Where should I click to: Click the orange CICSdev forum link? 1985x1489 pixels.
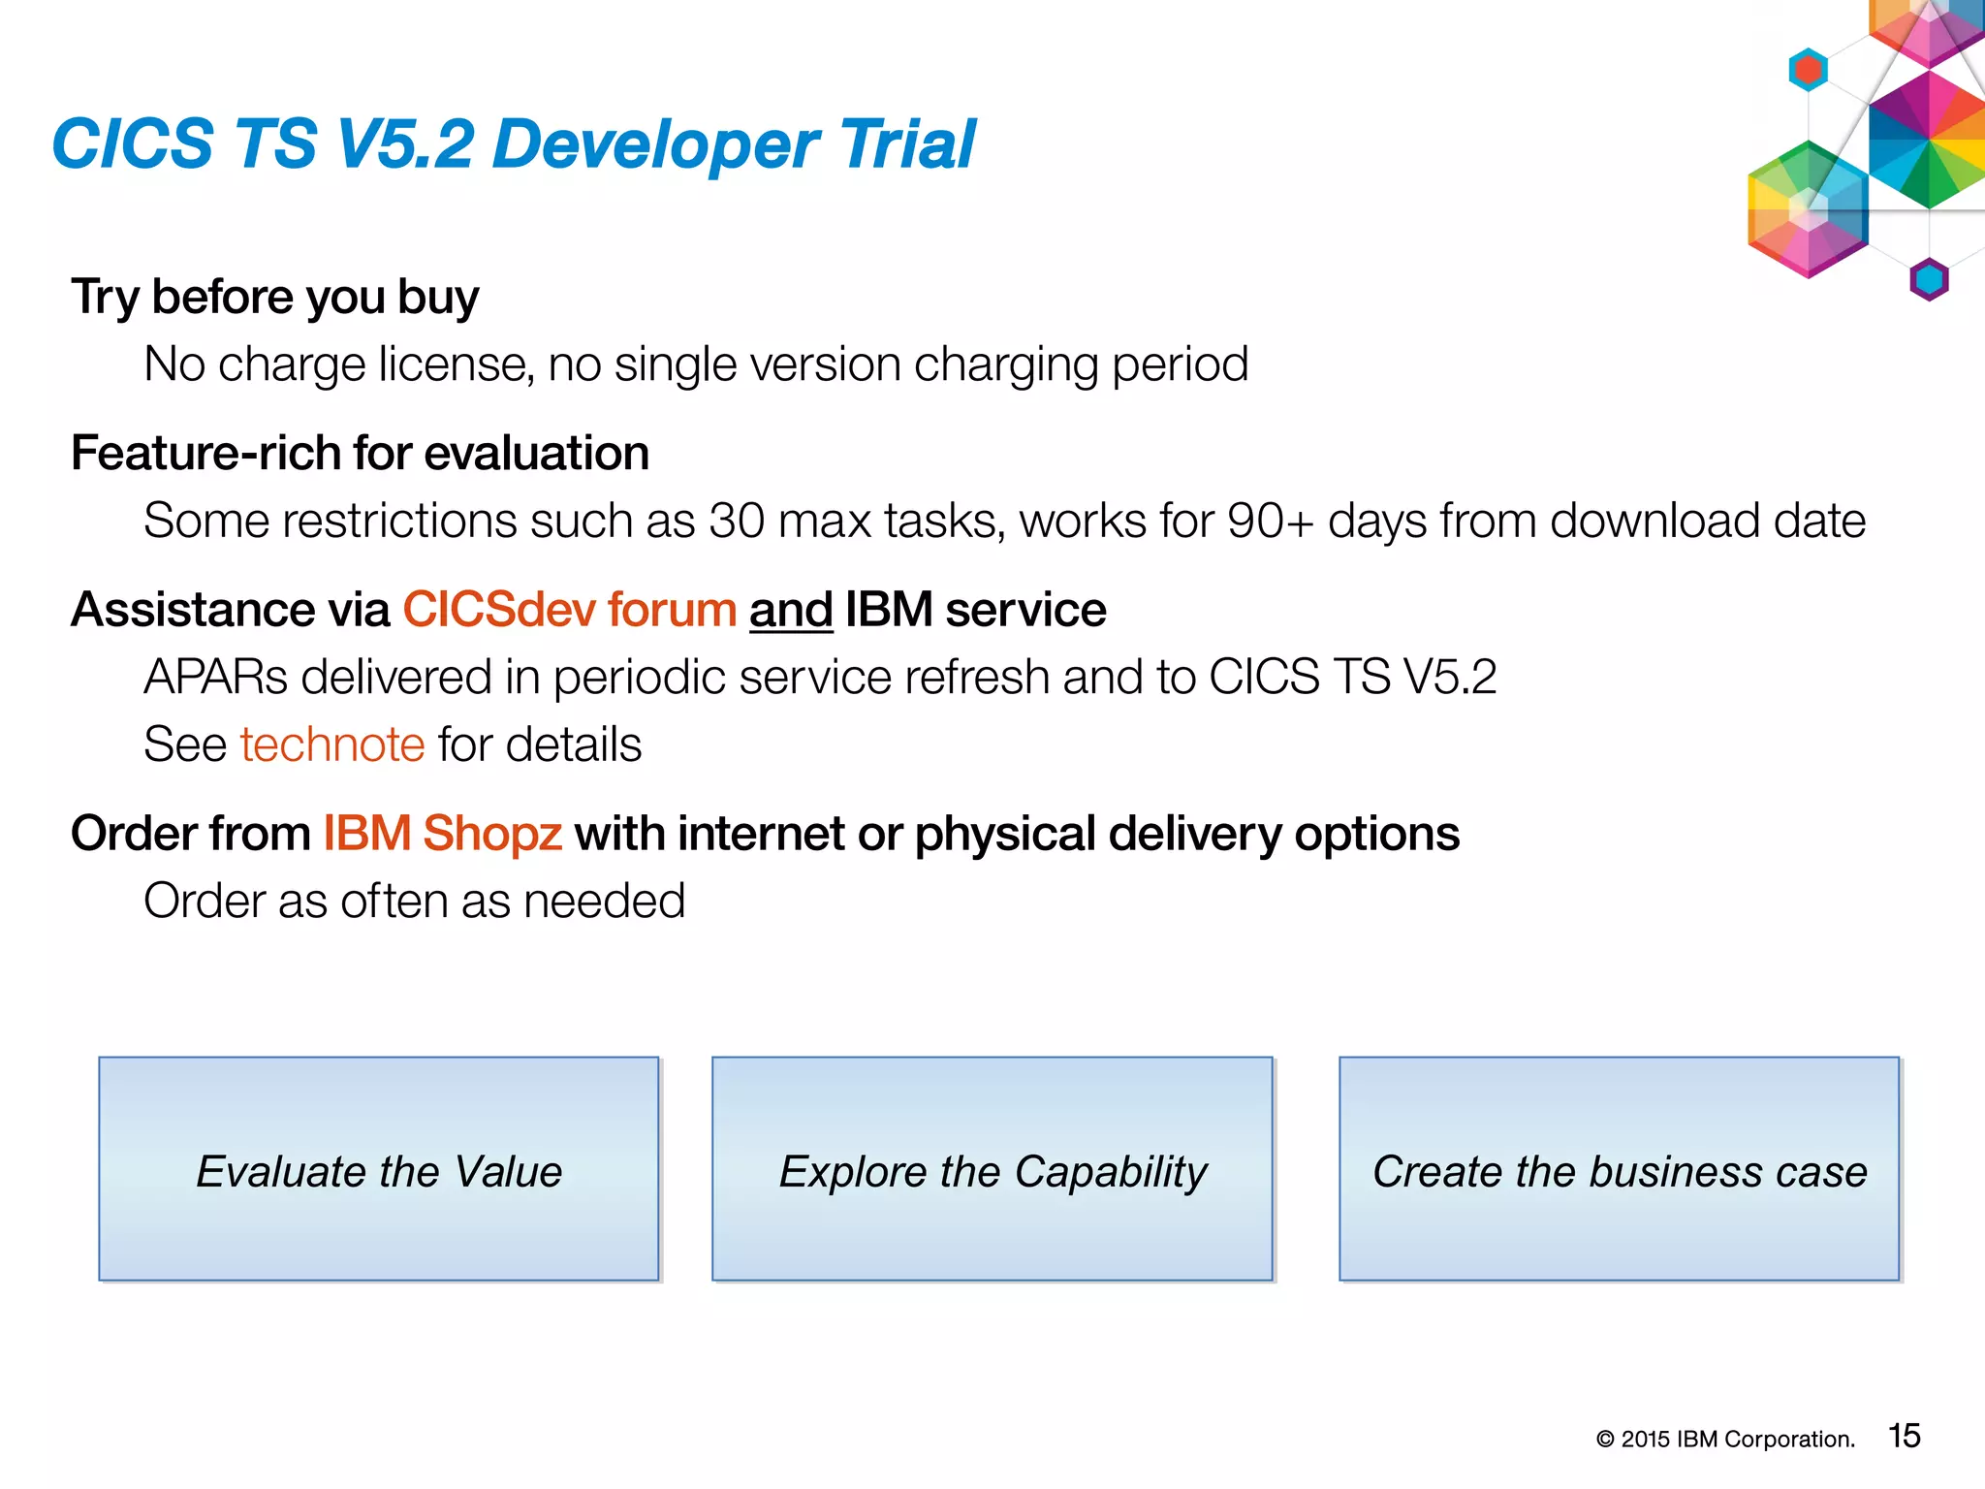570,611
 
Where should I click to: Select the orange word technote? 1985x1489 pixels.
332,745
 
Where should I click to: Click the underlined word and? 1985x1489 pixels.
791,611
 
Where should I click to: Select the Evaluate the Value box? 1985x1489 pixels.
379,1169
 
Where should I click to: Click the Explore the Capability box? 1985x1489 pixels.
992,1169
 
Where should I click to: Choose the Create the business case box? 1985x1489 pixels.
1619,1169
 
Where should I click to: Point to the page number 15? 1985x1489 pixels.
1905,1436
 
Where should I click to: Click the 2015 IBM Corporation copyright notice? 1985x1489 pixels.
1725,1440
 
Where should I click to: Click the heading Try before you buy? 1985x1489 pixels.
275,297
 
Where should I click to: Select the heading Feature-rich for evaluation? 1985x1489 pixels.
360,454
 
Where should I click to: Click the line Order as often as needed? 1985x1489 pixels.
415,902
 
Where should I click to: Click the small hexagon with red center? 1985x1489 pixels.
1808,70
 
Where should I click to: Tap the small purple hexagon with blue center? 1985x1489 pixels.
1929,280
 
